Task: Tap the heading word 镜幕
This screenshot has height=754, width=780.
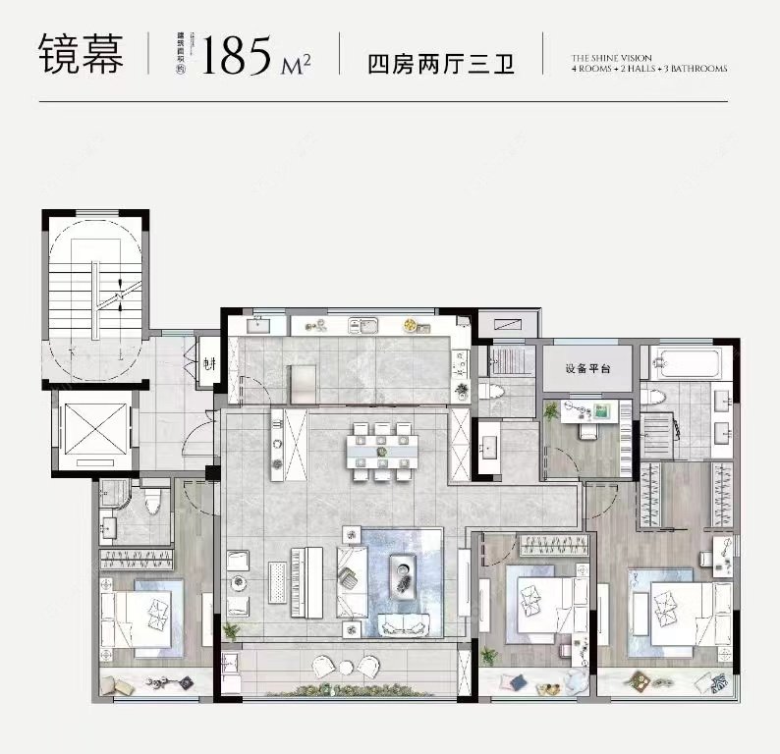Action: point(82,55)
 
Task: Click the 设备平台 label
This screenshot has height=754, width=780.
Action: point(587,369)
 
